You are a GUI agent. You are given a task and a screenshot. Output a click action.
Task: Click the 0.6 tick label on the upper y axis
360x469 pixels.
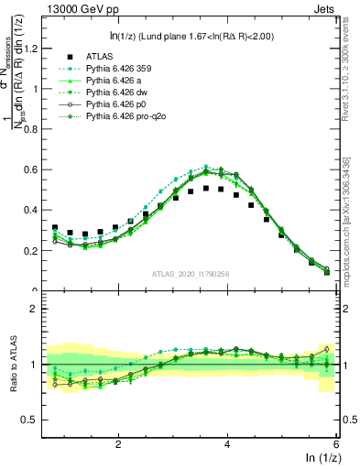[x=36, y=169]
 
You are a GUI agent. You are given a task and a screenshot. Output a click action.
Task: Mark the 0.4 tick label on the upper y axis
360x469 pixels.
[x=36, y=210]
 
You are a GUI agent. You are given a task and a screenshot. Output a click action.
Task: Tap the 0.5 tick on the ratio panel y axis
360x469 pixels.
[x=36, y=420]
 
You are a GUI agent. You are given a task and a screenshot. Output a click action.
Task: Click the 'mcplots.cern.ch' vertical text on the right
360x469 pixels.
[x=348, y=247]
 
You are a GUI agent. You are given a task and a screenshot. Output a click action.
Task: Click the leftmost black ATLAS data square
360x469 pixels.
[x=56, y=228]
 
